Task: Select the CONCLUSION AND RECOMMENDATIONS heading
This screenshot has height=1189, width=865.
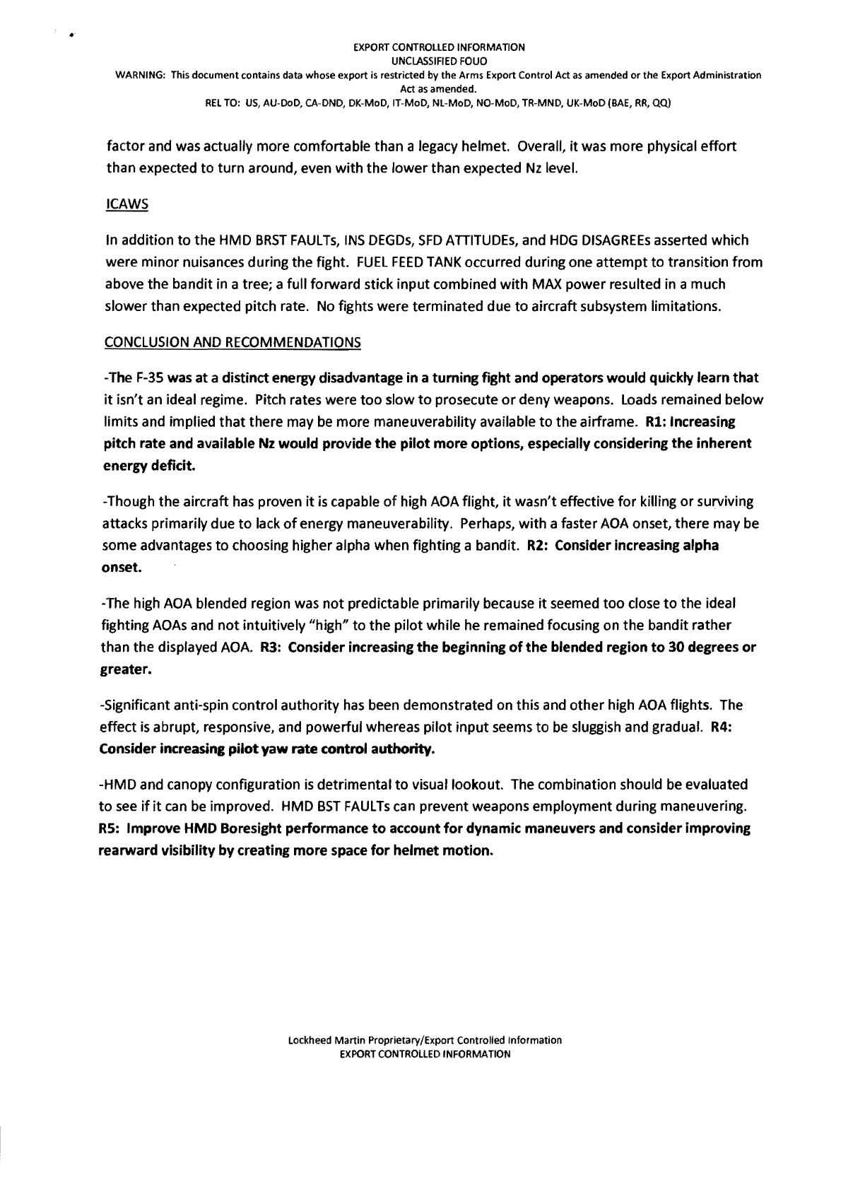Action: coord(233,343)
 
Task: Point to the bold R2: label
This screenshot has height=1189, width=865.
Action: coord(539,546)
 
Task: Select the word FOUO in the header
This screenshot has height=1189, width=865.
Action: coord(466,61)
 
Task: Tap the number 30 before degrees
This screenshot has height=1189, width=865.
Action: coord(661,648)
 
